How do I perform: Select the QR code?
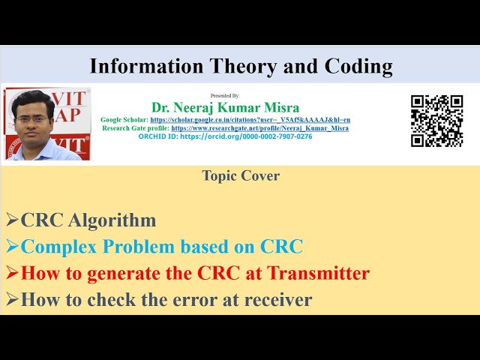pyautogui.click(x=436, y=121)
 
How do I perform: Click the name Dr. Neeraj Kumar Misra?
pyautogui.click(x=225, y=107)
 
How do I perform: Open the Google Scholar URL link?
pyautogui.click(x=250, y=120)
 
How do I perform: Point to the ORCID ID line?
pyautogui.click(x=225, y=136)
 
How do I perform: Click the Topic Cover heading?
pyautogui.click(x=241, y=175)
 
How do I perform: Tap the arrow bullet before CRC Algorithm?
pyautogui.click(x=12, y=220)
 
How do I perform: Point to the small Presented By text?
pyautogui.click(x=225, y=96)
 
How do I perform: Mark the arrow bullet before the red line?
pyautogui.click(x=12, y=273)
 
